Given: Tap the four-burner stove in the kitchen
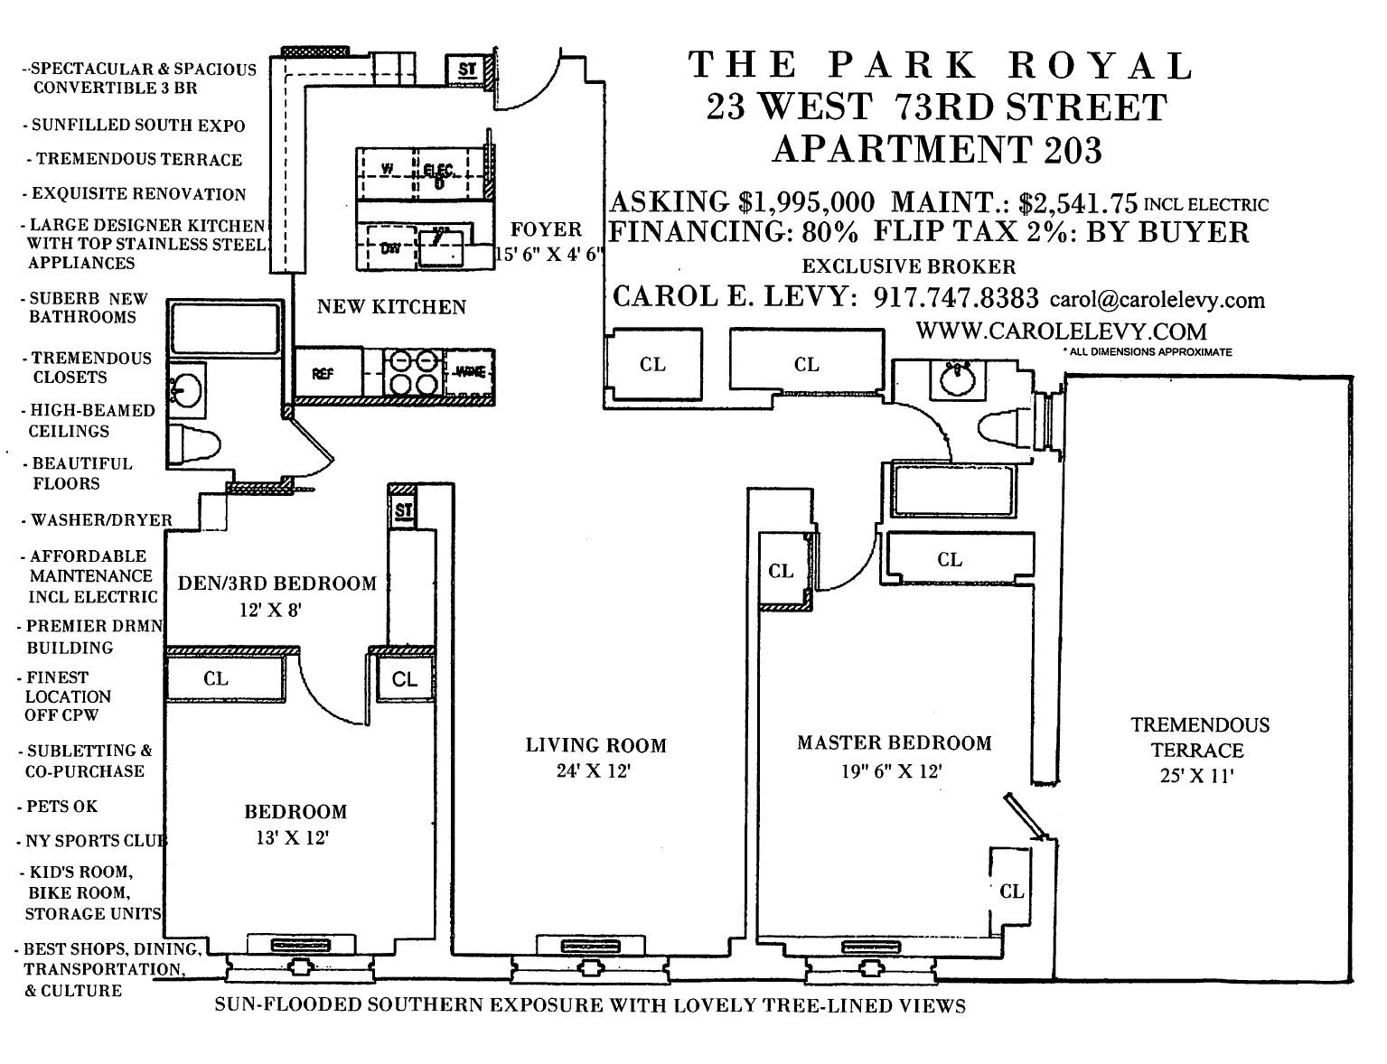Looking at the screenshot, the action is [413, 373].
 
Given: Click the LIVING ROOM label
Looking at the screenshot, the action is [595, 745].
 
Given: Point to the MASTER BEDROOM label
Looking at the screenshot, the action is [894, 742].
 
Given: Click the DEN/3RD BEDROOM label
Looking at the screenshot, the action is [276, 583].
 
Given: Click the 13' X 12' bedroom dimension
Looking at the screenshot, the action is [291, 837].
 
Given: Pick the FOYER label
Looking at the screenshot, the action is [546, 229].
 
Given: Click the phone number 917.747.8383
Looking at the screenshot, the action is [956, 297].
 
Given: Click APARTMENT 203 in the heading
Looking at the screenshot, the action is [937, 149].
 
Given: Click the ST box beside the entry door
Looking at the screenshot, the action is [467, 69].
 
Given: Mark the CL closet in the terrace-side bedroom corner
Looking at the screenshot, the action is [1011, 891].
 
